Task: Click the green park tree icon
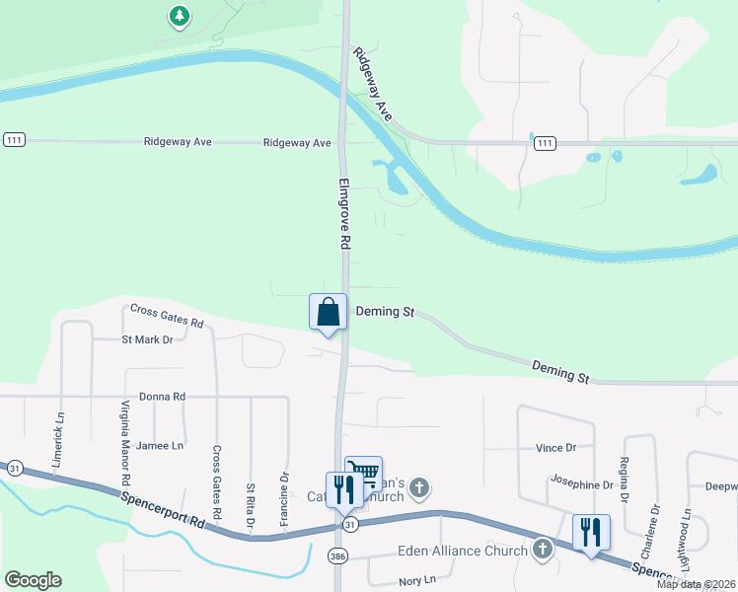coord(179,16)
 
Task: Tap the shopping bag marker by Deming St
coord(329,312)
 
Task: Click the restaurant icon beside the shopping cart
coord(343,489)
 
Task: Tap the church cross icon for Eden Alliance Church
coord(542,550)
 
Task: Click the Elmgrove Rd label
coord(345,213)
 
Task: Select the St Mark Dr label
coord(147,339)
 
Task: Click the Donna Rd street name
coord(163,397)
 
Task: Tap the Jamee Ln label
coord(160,446)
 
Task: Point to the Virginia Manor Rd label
coord(125,442)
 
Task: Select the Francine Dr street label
coord(284,496)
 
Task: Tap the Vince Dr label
coord(555,448)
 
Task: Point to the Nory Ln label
coord(416,580)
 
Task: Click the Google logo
coord(33,580)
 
